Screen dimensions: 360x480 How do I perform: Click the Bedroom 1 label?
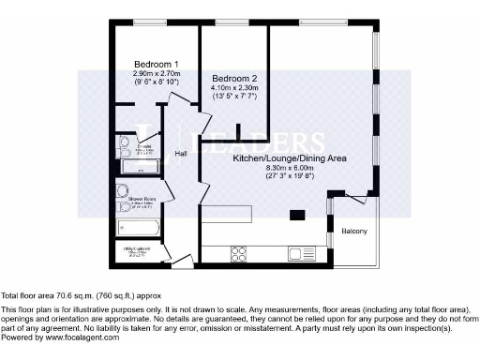pyautogui.click(x=156, y=63)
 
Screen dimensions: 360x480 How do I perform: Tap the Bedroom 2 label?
pyautogui.click(x=233, y=78)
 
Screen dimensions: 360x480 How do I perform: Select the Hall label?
pyautogui.click(x=182, y=154)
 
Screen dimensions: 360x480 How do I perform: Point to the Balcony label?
pyautogui.click(x=353, y=231)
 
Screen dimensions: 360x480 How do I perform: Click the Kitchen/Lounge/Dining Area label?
pyautogui.click(x=290, y=160)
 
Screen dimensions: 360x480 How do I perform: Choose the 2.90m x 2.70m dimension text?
pyautogui.click(x=156, y=72)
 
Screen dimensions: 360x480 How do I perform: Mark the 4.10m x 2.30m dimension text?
pyautogui.click(x=233, y=87)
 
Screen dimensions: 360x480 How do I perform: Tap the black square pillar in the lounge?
pyautogui.click(x=297, y=216)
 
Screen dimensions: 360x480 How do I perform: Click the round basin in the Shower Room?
pyautogui.click(x=122, y=189)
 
